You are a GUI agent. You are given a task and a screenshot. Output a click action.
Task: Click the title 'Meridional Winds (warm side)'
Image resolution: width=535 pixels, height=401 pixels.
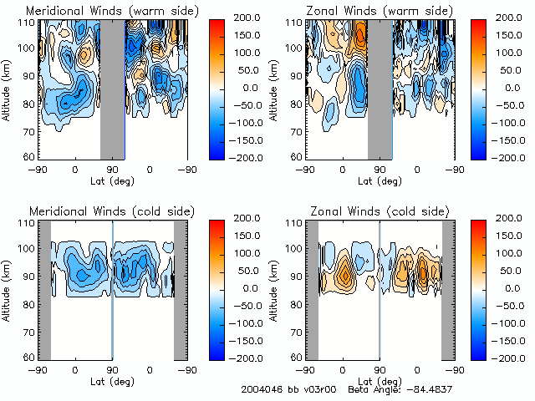(x=101, y=11)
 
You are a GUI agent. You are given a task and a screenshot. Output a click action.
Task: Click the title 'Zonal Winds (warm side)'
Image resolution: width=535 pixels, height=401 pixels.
(x=368, y=11)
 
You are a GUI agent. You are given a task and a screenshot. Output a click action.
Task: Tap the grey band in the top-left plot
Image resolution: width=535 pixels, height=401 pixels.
(x=113, y=88)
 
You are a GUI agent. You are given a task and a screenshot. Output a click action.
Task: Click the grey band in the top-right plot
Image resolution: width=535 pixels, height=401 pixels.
(x=380, y=88)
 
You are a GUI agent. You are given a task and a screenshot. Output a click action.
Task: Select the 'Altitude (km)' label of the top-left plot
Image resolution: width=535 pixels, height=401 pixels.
(x=7, y=88)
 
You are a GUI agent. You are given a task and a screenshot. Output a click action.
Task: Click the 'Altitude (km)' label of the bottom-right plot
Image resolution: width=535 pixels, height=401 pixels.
(x=274, y=288)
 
